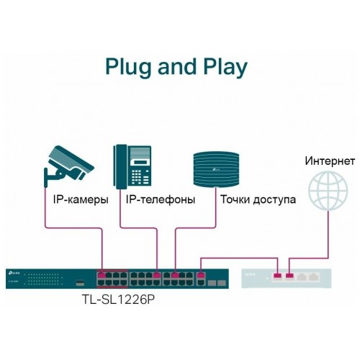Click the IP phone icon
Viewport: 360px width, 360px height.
click(x=133, y=166)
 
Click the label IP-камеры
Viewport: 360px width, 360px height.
click(x=81, y=199)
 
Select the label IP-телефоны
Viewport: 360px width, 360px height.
click(x=160, y=199)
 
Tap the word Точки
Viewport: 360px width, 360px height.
click(x=238, y=199)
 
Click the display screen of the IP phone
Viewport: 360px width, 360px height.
click(x=141, y=154)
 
